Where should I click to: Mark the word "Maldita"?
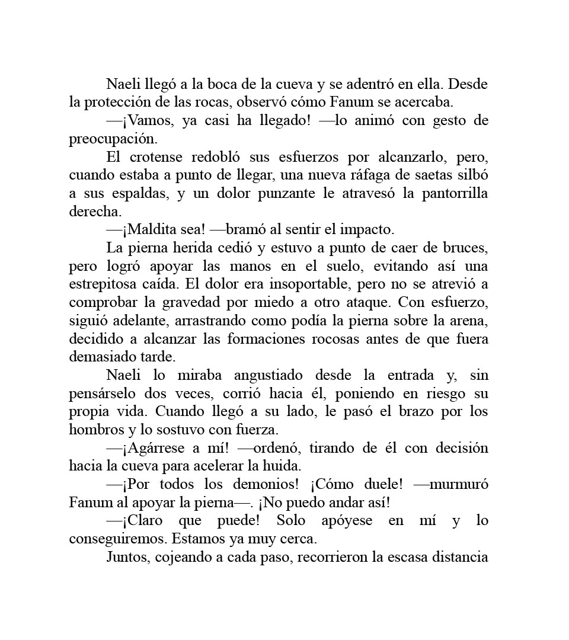pos(151,230)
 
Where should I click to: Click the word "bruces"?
pos(466,248)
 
